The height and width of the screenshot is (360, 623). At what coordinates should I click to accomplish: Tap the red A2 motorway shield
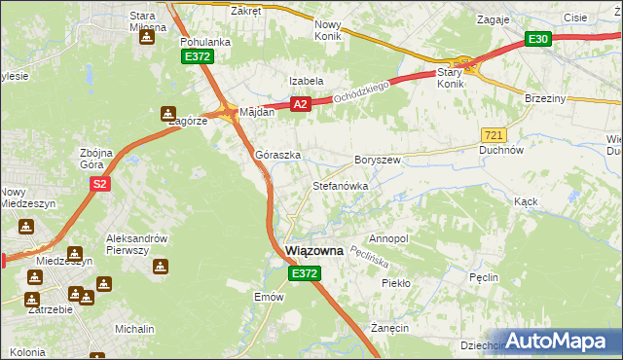[300, 104]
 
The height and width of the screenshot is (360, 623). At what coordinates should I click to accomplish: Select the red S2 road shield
[99, 183]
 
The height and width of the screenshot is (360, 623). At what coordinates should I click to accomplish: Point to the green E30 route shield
[538, 39]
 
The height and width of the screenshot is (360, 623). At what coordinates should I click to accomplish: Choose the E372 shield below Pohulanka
[198, 58]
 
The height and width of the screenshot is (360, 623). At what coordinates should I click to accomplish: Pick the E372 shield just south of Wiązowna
[304, 275]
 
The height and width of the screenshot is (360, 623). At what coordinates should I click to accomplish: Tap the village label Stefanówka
[340, 185]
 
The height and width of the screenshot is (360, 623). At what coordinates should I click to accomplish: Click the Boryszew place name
[378, 160]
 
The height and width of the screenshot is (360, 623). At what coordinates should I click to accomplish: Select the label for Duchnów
[502, 151]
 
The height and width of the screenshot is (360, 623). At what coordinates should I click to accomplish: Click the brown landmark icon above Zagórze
[169, 112]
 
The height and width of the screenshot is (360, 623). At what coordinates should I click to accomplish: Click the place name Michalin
[134, 330]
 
